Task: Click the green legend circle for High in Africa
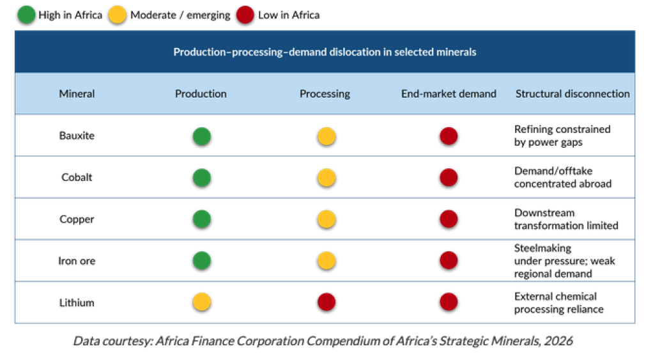26,15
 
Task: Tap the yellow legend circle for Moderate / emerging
118,15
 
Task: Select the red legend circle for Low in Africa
245,15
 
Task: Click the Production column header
201,93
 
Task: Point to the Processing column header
325,93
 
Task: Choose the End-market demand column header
449,93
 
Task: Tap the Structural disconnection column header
572,93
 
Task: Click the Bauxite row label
77,136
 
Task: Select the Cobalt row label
77,177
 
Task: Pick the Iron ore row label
77,261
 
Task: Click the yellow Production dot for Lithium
202,302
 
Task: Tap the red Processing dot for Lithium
326,302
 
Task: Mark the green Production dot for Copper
202,219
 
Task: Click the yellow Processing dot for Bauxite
326,136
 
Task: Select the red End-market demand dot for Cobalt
449,178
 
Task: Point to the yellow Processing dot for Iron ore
326,261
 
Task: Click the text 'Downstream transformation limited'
566,219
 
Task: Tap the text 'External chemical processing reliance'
558,302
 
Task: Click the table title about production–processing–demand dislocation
325,52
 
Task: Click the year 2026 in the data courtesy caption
558,341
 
